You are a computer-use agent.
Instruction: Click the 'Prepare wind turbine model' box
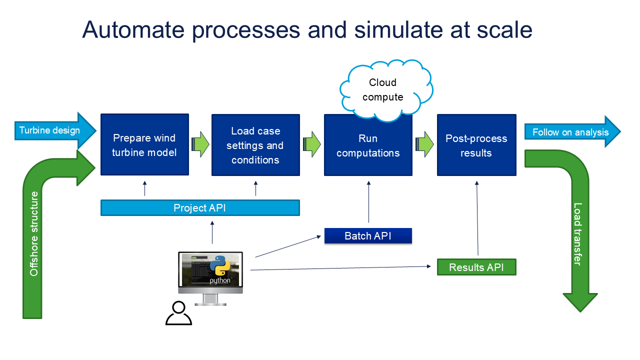click(x=144, y=144)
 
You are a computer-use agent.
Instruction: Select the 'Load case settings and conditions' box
click(x=255, y=145)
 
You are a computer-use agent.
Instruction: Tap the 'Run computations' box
click(x=368, y=145)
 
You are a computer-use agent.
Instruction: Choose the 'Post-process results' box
click(x=476, y=145)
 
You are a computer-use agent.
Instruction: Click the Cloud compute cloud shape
click(x=383, y=90)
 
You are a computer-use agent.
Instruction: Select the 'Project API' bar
click(x=200, y=208)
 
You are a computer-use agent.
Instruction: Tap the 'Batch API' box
click(x=368, y=236)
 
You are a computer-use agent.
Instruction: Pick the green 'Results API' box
click(x=476, y=267)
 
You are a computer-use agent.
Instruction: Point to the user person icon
click(x=178, y=313)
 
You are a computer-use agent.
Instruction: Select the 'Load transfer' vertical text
click(x=578, y=233)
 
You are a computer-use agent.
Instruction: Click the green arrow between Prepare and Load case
click(x=200, y=144)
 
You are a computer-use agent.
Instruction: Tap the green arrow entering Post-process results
click(x=425, y=144)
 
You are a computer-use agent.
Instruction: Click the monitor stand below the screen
click(x=210, y=299)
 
